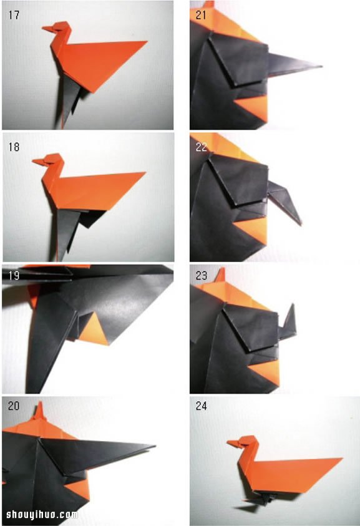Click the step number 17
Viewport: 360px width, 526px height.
click(14, 16)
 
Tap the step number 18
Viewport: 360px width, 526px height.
click(14, 147)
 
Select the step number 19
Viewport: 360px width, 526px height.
click(14, 276)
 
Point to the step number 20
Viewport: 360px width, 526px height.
click(14, 406)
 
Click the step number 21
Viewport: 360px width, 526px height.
click(201, 15)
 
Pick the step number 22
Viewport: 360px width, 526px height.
click(202, 147)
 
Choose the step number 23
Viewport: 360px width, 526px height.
click(202, 276)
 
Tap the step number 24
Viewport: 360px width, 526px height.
click(202, 406)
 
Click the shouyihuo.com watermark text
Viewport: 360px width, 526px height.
click(42, 514)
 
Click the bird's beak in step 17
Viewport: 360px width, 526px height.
click(47, 29)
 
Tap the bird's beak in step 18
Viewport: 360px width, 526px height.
click(38, 162)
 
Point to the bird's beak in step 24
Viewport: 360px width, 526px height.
click(233, 444)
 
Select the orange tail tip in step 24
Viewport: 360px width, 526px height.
click(341, 458)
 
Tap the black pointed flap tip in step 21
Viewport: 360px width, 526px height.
click(321, 66)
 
